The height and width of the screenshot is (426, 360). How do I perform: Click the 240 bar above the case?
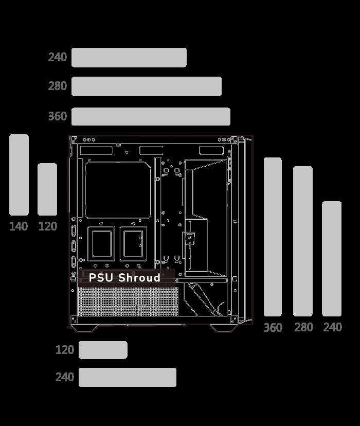[129, 58]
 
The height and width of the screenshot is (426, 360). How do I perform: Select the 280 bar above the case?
[147, 86]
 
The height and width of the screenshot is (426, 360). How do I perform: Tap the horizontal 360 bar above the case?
[151, 117]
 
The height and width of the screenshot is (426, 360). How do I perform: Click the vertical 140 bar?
[19, 175]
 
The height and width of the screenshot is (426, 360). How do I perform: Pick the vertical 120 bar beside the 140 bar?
[47, 189]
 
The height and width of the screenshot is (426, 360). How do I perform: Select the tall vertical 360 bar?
[273, 237]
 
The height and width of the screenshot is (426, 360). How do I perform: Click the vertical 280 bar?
[303, 241]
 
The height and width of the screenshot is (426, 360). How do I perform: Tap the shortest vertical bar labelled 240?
[332, 259]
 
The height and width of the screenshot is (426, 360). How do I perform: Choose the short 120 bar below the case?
[103, 350]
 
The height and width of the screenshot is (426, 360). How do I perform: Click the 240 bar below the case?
[128, 377]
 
